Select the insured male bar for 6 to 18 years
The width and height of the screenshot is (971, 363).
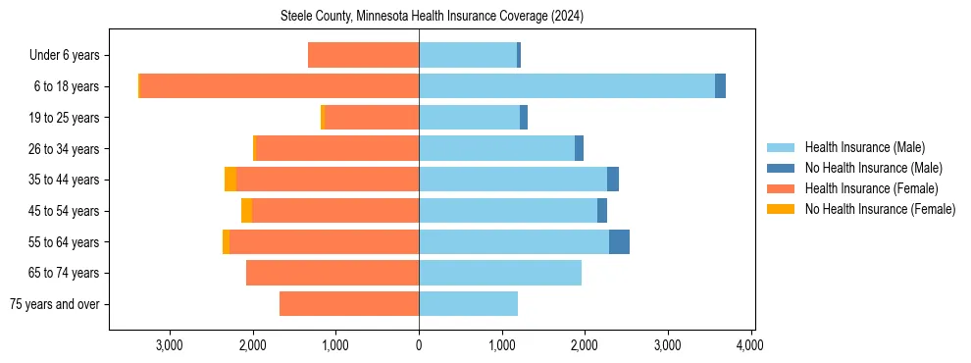pos(567,86)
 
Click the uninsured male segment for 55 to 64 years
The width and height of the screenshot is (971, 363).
pos(619,242)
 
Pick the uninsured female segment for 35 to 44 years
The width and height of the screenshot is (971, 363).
pos(230,180)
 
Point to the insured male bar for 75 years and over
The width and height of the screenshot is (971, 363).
pos(468,304)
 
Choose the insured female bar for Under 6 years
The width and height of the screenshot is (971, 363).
pos(363,55)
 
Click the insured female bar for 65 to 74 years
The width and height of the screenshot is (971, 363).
pos(332,273)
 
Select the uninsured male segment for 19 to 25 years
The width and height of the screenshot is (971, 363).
pos(524,118)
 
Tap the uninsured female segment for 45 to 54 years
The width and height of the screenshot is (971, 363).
pos(246,211)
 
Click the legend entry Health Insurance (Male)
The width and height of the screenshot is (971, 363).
pos(863,147)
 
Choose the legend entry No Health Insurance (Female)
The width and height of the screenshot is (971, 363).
pos(879,209)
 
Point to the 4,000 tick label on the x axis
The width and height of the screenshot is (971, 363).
pos(750,345)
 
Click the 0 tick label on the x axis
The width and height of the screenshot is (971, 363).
pos(419,345)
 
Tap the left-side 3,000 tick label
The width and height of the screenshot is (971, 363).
pos(170,345)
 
